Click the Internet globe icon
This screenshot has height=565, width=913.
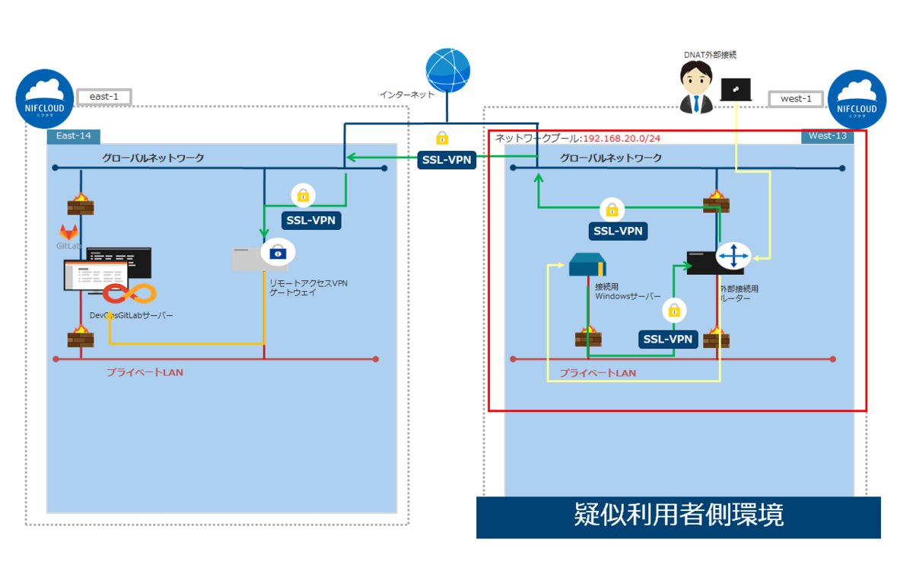448,71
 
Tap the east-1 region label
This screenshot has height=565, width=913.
104,97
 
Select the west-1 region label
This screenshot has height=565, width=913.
796,98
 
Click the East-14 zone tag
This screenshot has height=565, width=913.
73,136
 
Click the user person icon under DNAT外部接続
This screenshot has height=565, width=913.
695,88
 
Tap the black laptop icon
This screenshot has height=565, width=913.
736,90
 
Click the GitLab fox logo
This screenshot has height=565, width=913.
69,231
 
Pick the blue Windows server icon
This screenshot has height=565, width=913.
587,266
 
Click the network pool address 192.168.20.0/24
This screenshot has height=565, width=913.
622,138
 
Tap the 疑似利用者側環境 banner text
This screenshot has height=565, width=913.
678,516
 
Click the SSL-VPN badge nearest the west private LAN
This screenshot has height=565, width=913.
668,338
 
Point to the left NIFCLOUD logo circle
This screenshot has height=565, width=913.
45,100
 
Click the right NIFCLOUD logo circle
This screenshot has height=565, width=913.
857,100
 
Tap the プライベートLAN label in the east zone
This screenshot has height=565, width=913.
145,372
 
